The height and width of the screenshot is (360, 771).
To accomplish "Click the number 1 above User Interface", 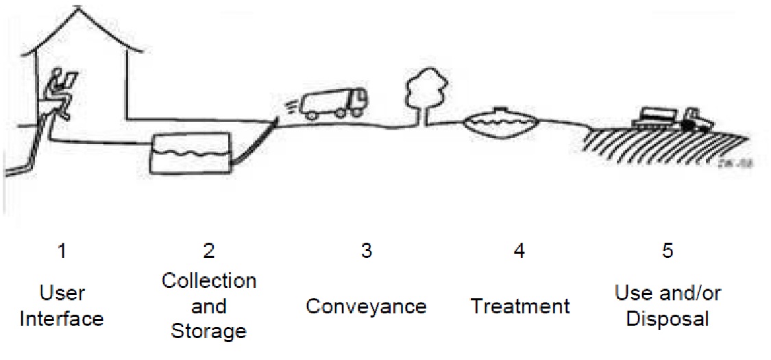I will click(x=62, y=252).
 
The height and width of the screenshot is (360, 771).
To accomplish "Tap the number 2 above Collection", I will click(x=209, y=252).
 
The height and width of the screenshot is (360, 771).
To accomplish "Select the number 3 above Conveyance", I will click(x=366, y=252).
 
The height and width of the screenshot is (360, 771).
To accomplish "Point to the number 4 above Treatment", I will click(x=519, y=252).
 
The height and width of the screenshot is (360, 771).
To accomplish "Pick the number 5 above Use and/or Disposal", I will click(x=668, y=252).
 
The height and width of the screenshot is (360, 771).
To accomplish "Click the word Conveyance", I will click(x=366, y=306).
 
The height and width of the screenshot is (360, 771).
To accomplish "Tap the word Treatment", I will click(x=520, y=306).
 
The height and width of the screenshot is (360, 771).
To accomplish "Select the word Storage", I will click(x=208, y=332).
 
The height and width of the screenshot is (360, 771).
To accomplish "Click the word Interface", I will click(x=62, y=319).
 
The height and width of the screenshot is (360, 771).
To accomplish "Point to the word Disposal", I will click(x=668, y=319).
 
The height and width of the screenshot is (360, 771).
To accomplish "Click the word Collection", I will click(x=209, y=280).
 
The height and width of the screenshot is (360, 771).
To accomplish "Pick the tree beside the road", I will click(x=421, y=96).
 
